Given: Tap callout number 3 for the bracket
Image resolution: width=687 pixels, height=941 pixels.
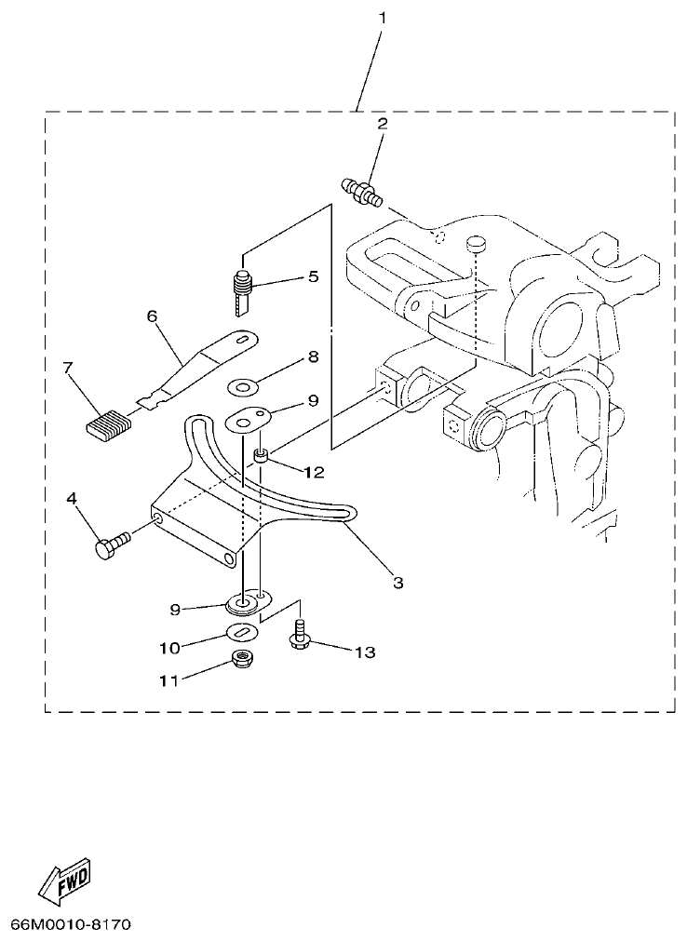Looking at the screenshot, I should [397, 583].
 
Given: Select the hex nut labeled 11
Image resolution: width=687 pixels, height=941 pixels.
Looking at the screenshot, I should [245, 662].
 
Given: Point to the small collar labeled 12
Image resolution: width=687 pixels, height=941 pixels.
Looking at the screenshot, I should [262, 455].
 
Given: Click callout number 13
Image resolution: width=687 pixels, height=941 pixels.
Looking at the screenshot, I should [364, 652].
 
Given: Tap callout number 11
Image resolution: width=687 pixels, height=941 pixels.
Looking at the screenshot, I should [168, 680].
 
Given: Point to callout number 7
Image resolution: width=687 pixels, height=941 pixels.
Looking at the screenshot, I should [68, 369].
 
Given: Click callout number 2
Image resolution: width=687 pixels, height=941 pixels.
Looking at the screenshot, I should [382, 123].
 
